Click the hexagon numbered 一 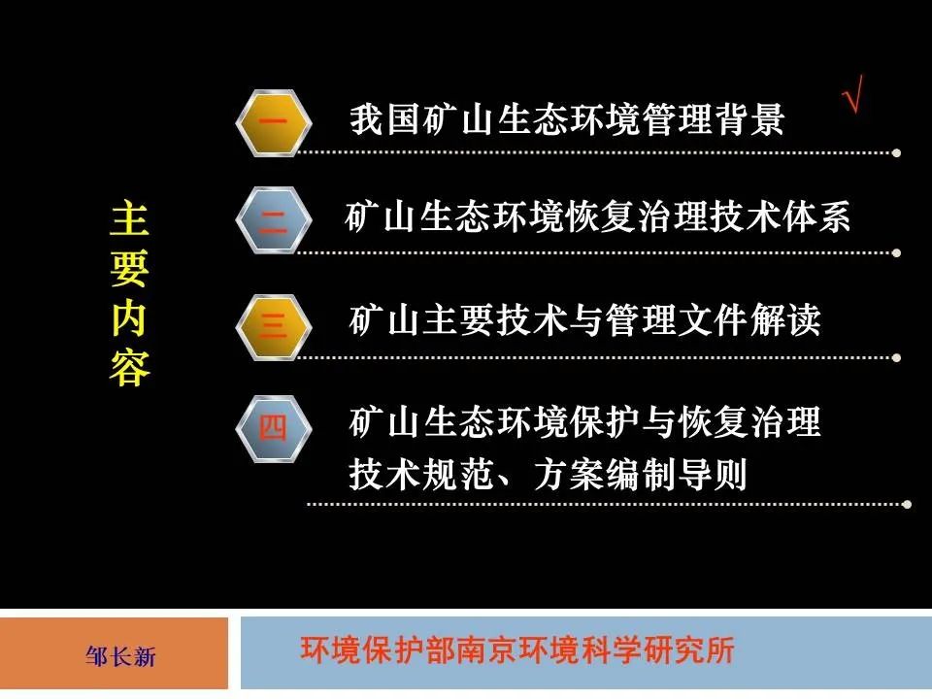point(274,122)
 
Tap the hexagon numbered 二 point(274,220)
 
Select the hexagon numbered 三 point(274,324)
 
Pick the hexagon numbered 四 point(274,428)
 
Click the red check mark point(853,98)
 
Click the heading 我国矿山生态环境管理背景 point(567,120)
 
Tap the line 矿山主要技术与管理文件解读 point(584,319)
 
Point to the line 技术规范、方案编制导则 point(548,475)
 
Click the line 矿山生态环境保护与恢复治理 point(584,423)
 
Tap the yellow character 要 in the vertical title point(129,271)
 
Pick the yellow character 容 point(129,370)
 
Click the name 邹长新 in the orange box point(120,657)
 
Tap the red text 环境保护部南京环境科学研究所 point(518,649)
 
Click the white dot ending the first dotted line point(896,152)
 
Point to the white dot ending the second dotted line point(896,253)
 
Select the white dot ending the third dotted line point(896,356)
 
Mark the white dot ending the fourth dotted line point(907,504)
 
